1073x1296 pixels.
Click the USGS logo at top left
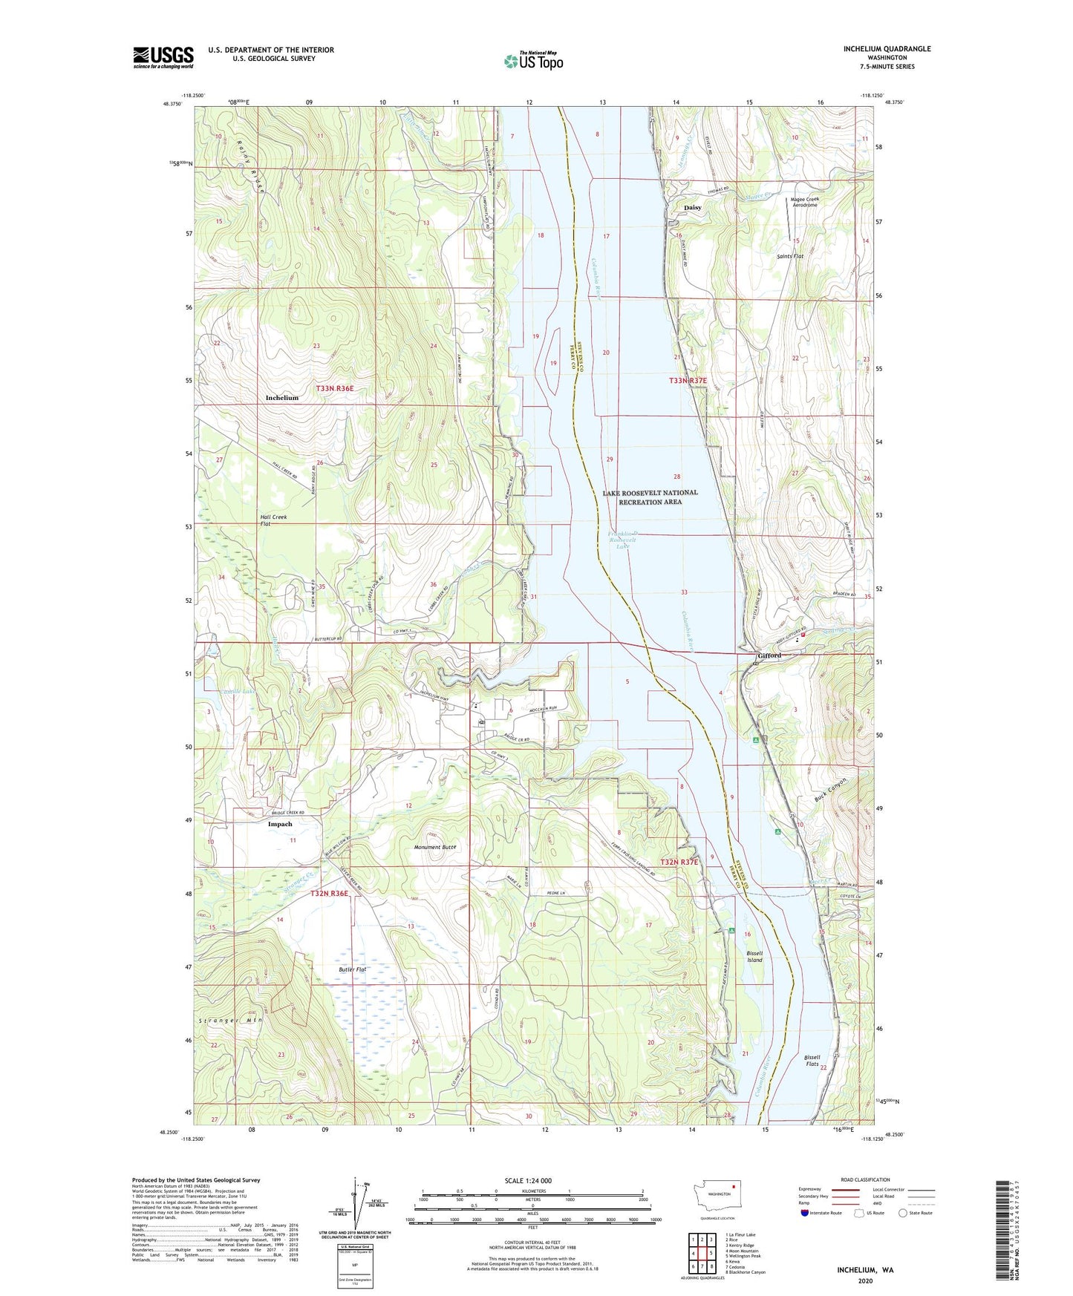click(163, 56)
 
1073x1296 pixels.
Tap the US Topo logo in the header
click(533, 61)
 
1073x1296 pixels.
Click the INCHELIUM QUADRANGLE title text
click(887, 49)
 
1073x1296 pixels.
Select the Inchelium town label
click(282, 398)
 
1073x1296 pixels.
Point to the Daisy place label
click(692, 208)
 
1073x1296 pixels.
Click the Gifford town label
click(769, 655)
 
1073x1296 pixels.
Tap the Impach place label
click(280, 824)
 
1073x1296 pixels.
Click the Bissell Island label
click(754, 956)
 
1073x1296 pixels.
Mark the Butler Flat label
click(353, 969)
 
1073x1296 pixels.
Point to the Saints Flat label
click(790, 256)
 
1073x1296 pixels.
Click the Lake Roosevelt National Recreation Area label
click(650, 497)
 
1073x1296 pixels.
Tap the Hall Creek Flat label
click(273, 520)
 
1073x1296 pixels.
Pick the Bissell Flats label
click(812, 1060)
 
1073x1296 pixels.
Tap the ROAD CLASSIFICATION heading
click(865, 1179)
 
